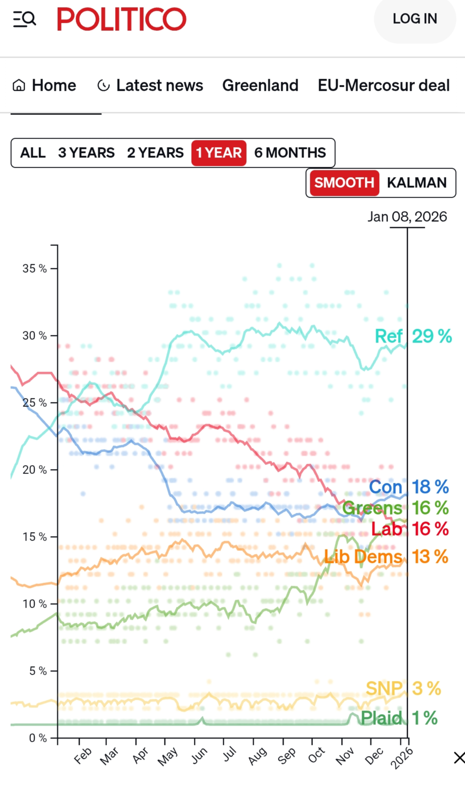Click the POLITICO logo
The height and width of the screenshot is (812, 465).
(121, 19)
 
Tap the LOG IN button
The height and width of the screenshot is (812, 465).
(414, 19)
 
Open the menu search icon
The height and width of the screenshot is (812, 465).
(24, 19)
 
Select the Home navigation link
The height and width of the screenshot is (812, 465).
(44, 85)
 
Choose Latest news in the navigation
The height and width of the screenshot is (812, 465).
(150, 85)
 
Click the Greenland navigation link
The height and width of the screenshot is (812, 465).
(260, 85)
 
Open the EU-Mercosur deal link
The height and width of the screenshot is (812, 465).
(384, 85)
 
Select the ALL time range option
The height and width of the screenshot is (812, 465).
(33, 153)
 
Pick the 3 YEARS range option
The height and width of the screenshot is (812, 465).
(86, 153)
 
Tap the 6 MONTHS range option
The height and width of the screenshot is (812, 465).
(290, 153)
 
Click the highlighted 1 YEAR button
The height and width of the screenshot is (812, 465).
(219, 153)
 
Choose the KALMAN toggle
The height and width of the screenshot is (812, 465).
(417, 183)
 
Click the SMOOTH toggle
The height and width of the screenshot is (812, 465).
(344, 183)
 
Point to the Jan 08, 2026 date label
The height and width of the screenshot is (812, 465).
(407, 217)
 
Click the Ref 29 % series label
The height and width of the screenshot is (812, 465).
(413, 336)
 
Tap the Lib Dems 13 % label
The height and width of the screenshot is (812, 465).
(386, 557)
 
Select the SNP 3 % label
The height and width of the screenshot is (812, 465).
(403, 689)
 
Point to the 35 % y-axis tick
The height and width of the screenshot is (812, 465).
(34, 269)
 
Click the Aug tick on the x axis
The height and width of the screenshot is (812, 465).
(257, 755)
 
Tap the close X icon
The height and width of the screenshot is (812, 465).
(459, 758)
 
